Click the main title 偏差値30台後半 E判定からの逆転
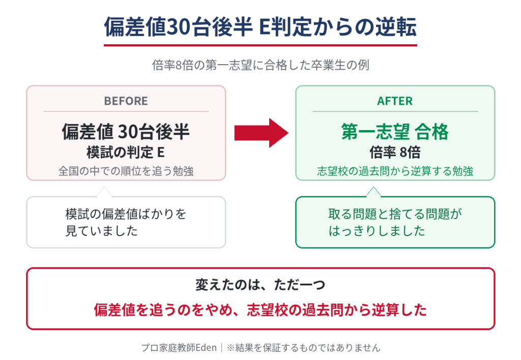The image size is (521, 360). point(260,26)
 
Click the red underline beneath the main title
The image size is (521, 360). point(260,45)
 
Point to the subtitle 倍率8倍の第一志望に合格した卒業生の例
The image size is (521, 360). point(260,65)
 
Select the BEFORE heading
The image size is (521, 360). point(126,101)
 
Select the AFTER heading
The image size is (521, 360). point(395,101)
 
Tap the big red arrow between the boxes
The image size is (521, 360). point(261,133)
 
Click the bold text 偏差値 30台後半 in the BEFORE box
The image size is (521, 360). point(126,132)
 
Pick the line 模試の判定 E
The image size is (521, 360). point(126,152)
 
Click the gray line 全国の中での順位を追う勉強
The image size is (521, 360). point(126,171)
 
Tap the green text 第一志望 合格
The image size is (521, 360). point(395,132)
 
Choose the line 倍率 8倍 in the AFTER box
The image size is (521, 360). point(395,152)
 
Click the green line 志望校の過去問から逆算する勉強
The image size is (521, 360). point(395,171)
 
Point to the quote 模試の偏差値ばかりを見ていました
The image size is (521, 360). point(126,222)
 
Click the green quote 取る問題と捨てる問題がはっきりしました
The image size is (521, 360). point(395,222)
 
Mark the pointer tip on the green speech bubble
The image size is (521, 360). point(373,187)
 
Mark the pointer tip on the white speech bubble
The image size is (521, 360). point(104,187)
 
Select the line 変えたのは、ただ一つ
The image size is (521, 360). point(260,285)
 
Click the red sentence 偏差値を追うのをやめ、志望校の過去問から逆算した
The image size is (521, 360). point(260,310)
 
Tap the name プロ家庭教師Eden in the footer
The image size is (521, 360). point(179,348)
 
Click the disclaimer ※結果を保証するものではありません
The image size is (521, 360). point(303,348)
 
